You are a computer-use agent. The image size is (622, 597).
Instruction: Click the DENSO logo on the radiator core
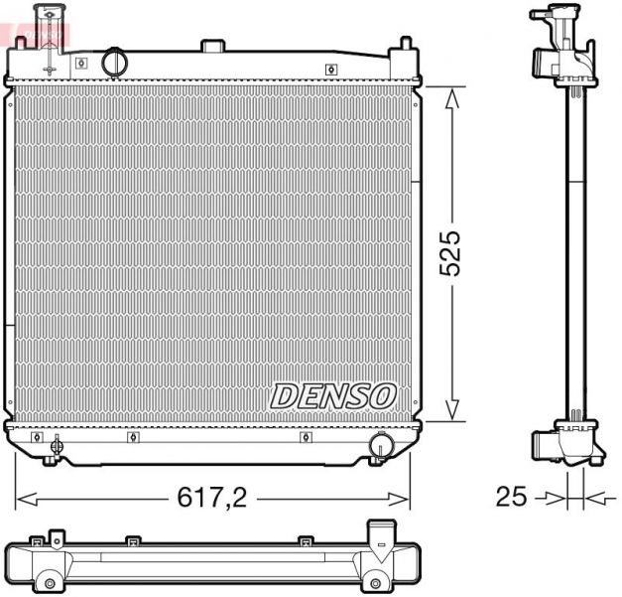point(332,394)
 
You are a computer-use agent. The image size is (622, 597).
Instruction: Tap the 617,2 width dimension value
point(212,497)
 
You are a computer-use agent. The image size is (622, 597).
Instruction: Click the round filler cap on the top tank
point(116,61)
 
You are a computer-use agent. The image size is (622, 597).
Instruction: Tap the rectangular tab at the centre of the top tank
point(212,46)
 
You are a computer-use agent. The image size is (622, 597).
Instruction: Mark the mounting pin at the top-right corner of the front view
point(405,46)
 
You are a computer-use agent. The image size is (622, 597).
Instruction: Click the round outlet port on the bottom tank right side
point(380,446)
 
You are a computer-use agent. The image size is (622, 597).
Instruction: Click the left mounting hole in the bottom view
point(47,582)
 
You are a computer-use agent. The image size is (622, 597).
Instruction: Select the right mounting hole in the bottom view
point(379,582)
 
